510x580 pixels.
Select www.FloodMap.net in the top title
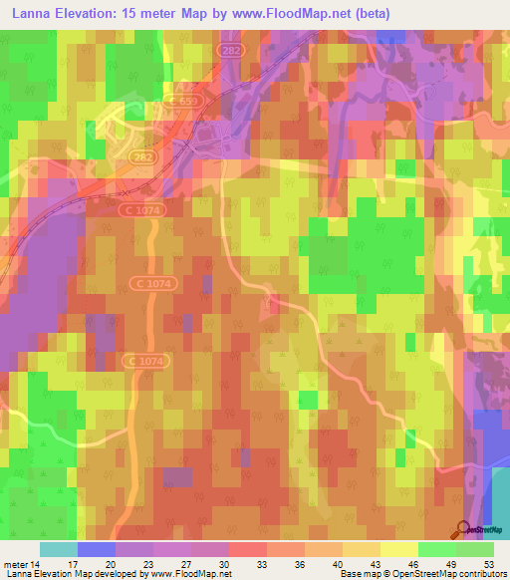(x=283, y=14)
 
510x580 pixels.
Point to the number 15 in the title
(x=132, y=14)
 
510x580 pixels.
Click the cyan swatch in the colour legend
(x=59, y=549)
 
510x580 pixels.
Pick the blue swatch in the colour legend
(x=97, y=549)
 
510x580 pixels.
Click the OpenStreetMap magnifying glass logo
(x=461, y=529)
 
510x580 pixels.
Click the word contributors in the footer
(x=479, y=574)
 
